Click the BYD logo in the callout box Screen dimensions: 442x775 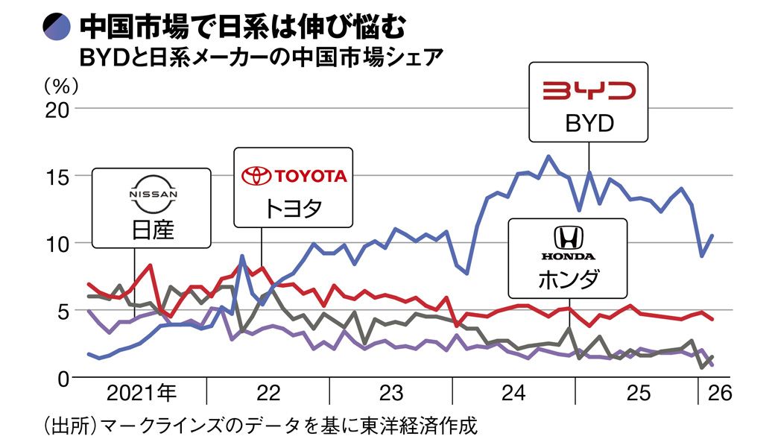(589, 91)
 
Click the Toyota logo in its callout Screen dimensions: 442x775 (294, 175)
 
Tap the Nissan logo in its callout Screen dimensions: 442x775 (153, 195)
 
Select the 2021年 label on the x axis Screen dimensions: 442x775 (142, 393)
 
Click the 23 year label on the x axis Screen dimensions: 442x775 (390, 393)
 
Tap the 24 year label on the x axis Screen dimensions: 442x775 (514, 393)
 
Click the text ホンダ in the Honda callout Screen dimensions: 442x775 (568, 279)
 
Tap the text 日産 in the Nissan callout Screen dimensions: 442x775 (151, 227)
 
